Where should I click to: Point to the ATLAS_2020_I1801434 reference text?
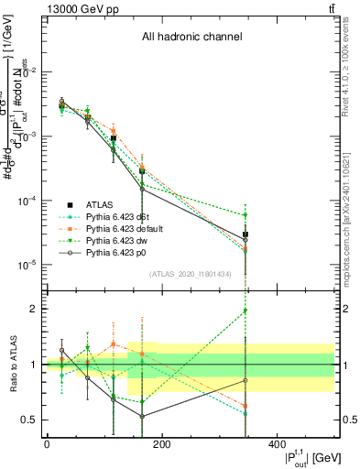(x=189, y=274)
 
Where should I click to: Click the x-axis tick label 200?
(x=161, y=443)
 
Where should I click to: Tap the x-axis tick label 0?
(x=47, y=443)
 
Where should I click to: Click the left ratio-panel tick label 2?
(x=34, y=309)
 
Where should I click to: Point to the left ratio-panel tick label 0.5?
(x=30, y=420)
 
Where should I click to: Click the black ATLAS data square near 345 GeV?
(x=245, y=235)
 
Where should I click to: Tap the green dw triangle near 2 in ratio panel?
(x=245, y=311)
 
